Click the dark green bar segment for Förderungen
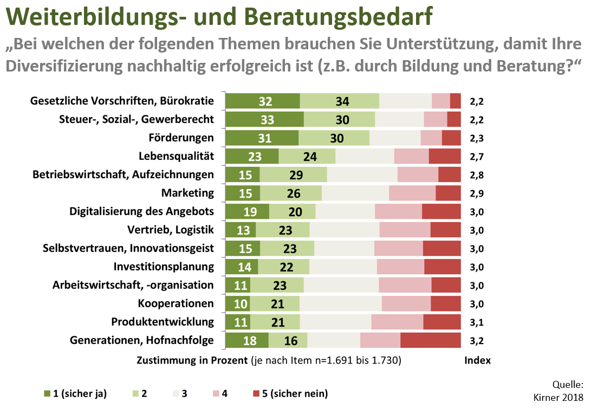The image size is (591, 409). coord(262,138)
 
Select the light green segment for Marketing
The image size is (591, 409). coord(290,193)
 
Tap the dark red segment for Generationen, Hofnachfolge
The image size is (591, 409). coord(430,340)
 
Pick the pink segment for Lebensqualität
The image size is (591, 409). coord(411,156)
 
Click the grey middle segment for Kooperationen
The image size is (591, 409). coord(340,303)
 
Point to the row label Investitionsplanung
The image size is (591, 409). coord(164,267)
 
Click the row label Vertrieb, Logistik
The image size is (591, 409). coord(171,230)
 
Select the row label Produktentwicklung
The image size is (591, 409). coord(163,322)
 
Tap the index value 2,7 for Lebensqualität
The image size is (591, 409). coord(477,157)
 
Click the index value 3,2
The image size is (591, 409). coord(477,341)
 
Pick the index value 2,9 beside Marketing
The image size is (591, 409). coord(477,193)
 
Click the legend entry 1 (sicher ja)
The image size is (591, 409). coord(75,394)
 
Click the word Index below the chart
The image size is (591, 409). coord(477,360)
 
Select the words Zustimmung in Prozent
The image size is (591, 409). coord(192,360)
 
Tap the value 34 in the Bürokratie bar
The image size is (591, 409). coord(342,101)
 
